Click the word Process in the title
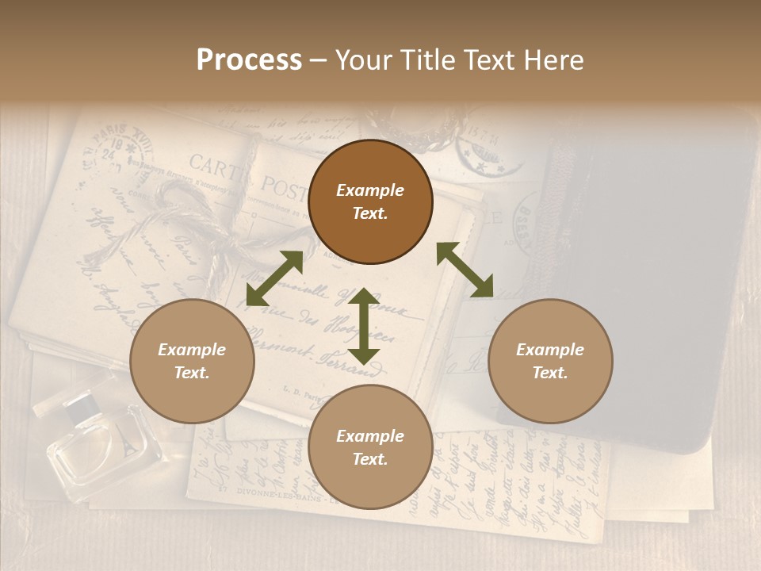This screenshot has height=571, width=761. click(249, 60)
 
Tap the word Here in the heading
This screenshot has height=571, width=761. click(554, 60)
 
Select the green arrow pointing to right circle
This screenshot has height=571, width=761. click(465, 270)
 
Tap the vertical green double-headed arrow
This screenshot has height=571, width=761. click(363, 326)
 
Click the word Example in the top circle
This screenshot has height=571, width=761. click(370, 190)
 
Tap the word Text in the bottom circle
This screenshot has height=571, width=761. click(370, 459)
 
